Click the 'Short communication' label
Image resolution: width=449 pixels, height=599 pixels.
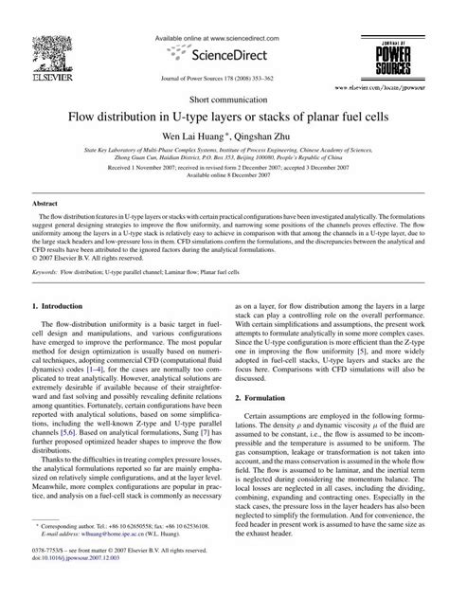[x=224, y=99]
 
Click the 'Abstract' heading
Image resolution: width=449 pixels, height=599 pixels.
[x=45, y=204]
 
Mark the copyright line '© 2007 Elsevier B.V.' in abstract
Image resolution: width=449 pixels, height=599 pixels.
[x=87, y=257]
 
